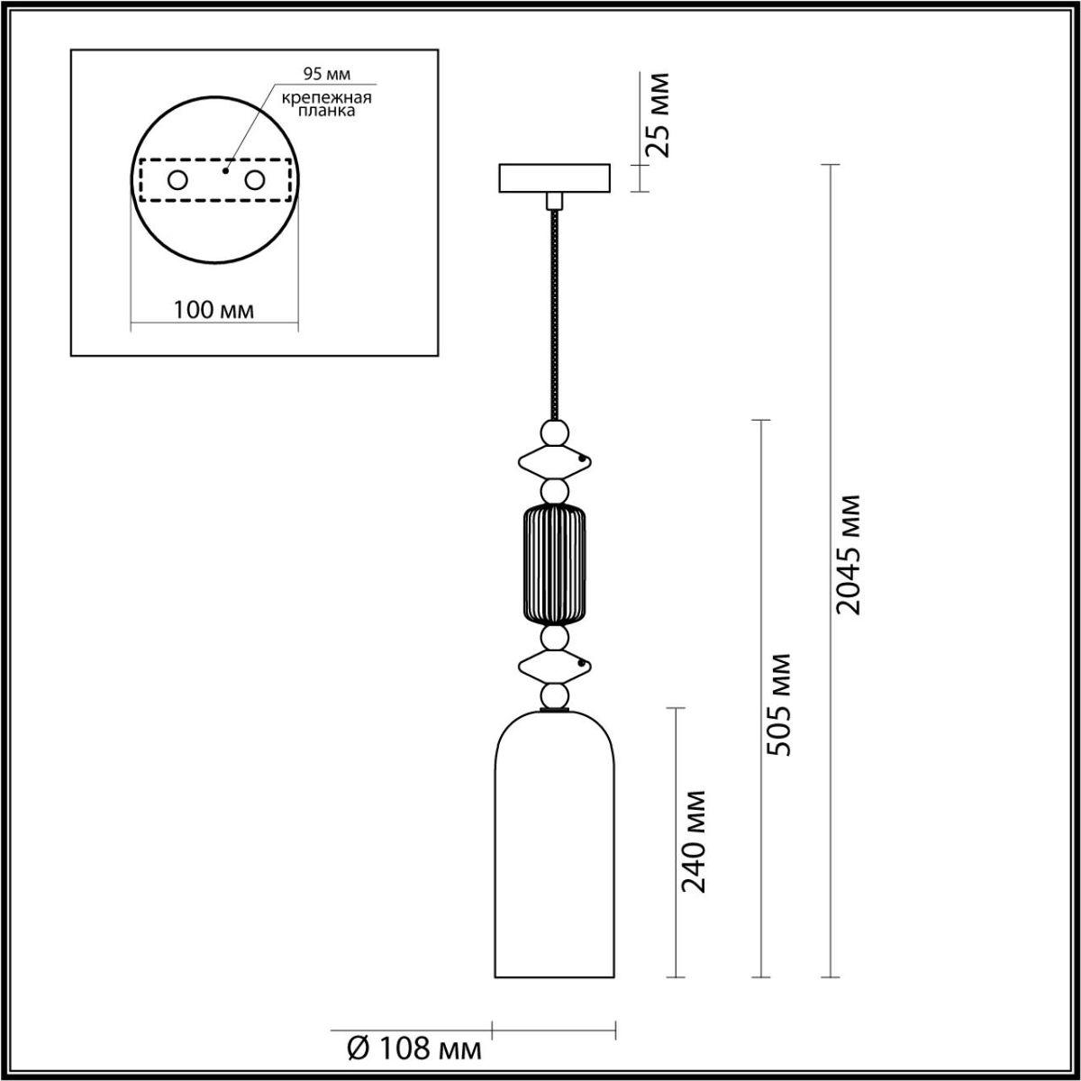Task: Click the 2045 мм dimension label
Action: point(849,554)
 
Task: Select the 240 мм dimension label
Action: point(694,840)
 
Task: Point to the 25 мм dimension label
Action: point(661,114)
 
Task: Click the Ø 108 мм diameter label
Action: point(413,1048)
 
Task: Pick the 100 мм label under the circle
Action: point(214,311)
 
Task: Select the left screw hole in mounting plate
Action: point(177,180)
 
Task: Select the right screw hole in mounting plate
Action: point(254,180)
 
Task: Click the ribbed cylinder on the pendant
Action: point(554,565)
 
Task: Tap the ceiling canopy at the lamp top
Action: point(554,177)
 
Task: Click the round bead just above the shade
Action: point(554,696)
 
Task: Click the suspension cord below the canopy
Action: point(553,315)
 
